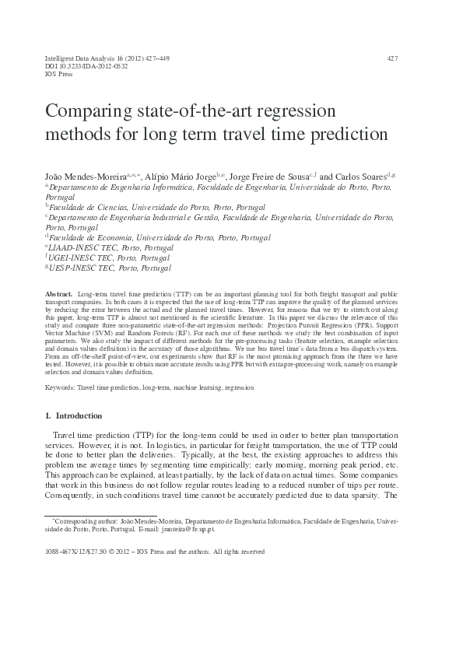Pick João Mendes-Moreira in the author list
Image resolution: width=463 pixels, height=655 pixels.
pyautogui.click(x=79, y=177)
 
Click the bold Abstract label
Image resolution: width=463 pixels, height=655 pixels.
pyautogui.click(x=60, y=289)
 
